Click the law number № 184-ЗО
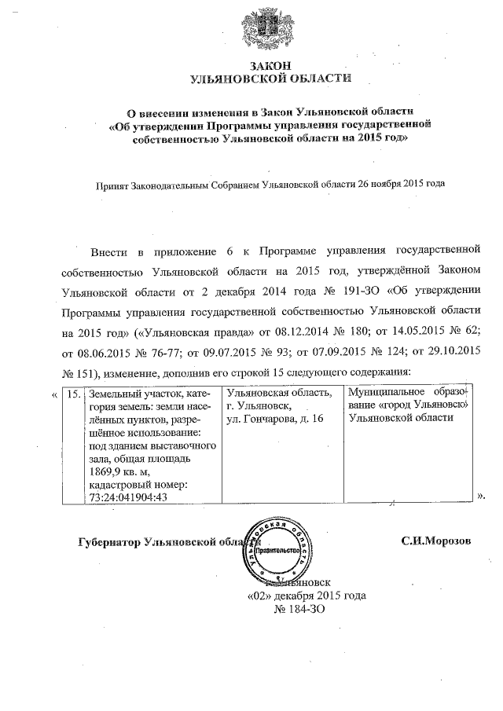click(x=298, y=608)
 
